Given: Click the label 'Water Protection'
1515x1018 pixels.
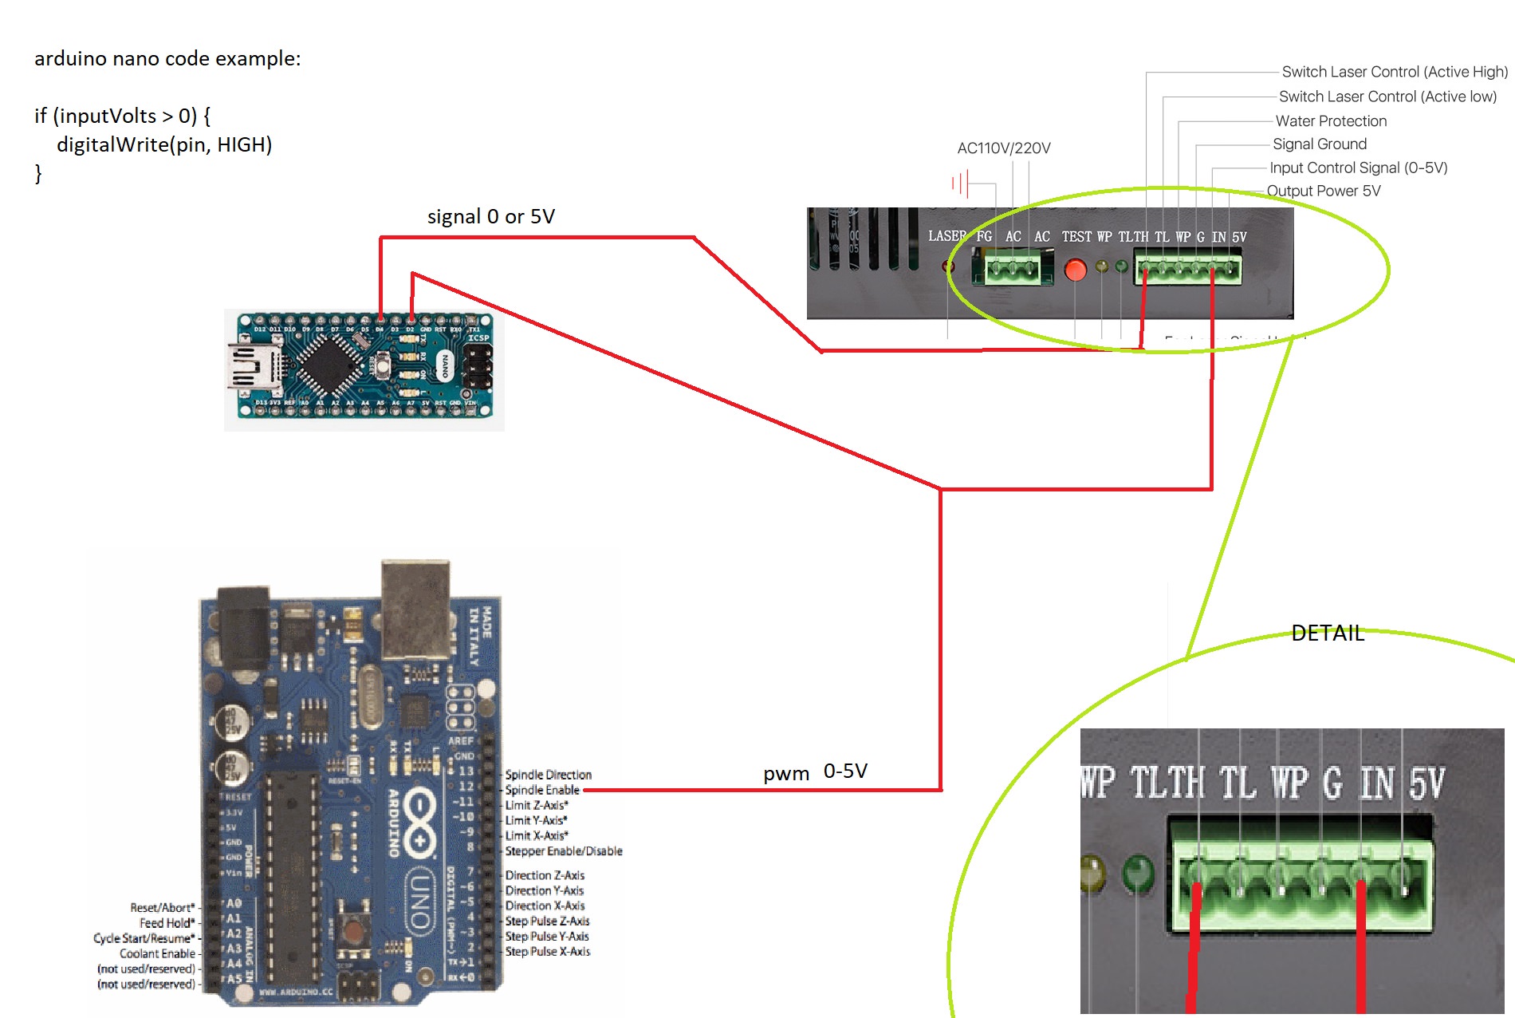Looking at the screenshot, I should (x=1331, y=121).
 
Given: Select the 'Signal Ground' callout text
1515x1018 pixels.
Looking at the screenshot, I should (x=1320, y=144).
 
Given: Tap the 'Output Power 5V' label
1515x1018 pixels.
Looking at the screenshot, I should (x=1324, y=191).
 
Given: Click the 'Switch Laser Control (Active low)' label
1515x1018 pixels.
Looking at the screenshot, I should (x=1387, y=97).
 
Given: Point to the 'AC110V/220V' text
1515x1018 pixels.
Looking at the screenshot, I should (x=1004, y=148).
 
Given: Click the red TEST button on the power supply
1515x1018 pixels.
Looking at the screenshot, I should (x=1076, y=270).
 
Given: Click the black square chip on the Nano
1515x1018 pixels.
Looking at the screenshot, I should (x=326, y=365).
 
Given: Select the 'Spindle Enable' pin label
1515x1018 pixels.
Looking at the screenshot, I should (x=542, y=790).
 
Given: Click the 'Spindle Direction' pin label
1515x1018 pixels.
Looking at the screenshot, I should (x=549, y=775).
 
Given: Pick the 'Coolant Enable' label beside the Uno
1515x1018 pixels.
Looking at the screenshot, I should (x=157, y=954).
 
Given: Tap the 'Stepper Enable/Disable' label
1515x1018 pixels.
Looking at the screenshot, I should (x=564, y=851).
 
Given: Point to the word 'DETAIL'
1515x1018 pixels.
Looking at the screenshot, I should (x=1328, y=633).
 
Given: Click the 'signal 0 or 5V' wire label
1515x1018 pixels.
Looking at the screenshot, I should (x=491, y=217).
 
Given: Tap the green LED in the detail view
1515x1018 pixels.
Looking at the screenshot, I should (x=1138, y=874).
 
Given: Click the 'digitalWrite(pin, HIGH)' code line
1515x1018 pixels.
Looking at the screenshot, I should (x=164, y=145).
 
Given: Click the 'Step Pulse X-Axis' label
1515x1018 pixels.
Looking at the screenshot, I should (x=548, y=952).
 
